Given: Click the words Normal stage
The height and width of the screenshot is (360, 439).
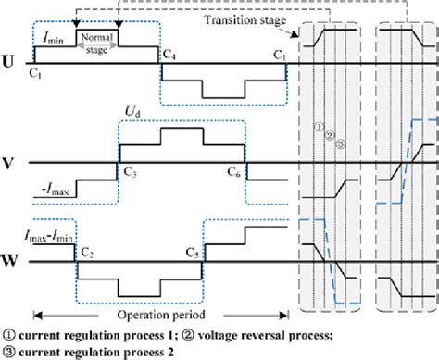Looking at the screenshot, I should tap(96, 43).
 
